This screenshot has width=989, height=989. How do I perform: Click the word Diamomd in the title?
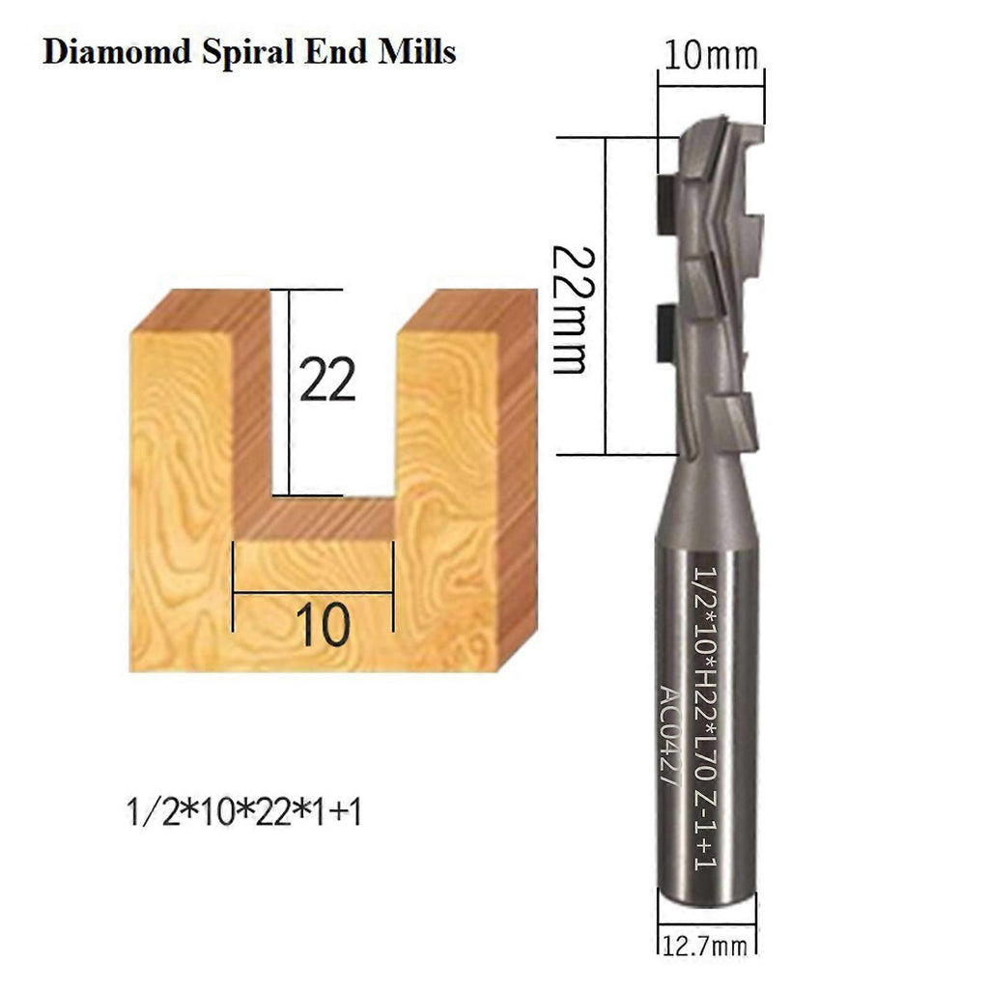117,51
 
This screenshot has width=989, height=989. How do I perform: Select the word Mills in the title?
417,51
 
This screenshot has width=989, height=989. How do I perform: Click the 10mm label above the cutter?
711,55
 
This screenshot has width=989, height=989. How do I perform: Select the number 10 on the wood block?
323,625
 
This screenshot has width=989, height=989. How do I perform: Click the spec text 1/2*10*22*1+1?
244,811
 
